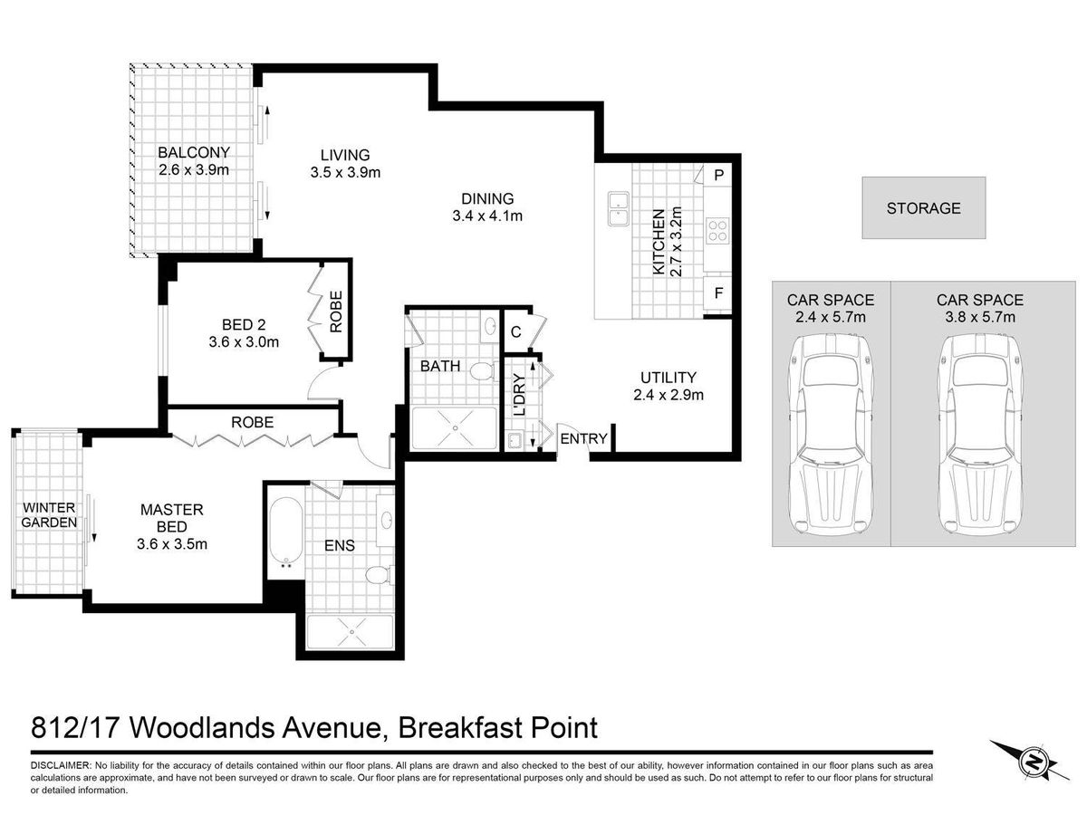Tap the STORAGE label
tap(923, 208)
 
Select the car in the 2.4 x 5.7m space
tap(831, 435)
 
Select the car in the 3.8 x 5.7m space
tap(979, 435)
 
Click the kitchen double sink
tap(618, 209)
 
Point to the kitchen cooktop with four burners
tap(717, 231)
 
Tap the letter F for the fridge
tap(718, 292)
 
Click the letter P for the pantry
tap(718, 175)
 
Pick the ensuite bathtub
tap(285, 531)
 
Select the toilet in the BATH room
tap(483, 371)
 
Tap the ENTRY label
tap(583, 438)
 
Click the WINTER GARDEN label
tap(49, 515)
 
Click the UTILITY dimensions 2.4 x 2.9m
tap(668, 395)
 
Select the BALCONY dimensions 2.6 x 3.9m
tap(194, 169)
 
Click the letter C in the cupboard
tap(515, 332)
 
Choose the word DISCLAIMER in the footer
tap(60, 765)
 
